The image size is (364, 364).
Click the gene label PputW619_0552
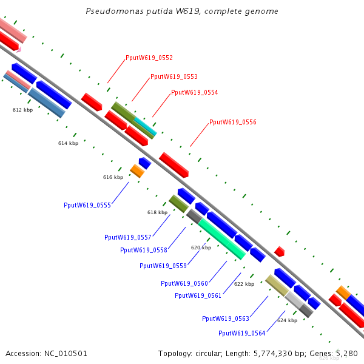(149, 58)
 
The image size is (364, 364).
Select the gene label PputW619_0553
(174, 76)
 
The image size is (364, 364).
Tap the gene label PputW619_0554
(195, 92)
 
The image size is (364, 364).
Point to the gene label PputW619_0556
(233, 122)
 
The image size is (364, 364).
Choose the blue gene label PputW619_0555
(87, 205)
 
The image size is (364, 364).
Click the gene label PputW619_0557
(128, 237)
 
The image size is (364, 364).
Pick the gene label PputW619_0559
(163, 266)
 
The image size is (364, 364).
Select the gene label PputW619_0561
(198, 295)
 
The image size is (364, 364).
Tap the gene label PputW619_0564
(242, 333)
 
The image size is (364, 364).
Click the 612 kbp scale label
(22, 110)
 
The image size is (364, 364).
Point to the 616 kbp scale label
(113, 177)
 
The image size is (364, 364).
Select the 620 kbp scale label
(201, 248)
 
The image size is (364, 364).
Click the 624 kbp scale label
(287, 320)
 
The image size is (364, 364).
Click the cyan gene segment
(146, 126)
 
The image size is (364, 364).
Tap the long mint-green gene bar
(221, 238)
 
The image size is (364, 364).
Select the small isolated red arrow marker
(279, 251)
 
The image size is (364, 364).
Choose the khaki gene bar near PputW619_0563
(277, 285)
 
